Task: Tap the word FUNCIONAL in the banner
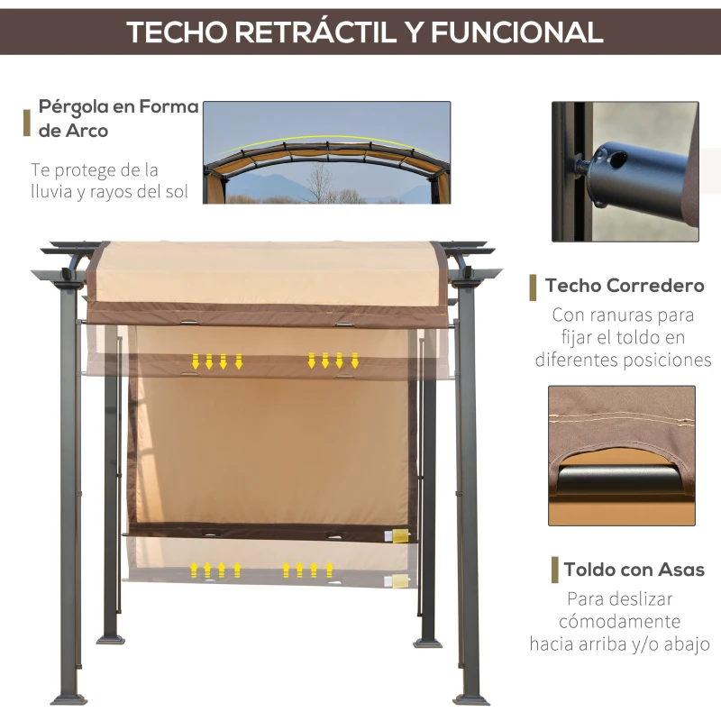pos(517,32)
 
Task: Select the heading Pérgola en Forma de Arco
pos(118,118)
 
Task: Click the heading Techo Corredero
pos(625,287)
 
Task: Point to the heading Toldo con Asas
pos(634,570)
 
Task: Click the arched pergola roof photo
pos(326,152)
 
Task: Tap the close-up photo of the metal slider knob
pos(625,171)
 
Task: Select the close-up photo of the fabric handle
pos(622,455)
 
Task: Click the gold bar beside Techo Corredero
pos(533,287)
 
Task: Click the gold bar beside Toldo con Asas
pos(554,570)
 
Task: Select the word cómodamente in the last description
pos(619,621)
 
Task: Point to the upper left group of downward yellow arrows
pos(216,361)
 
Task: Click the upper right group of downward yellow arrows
pos(333,360)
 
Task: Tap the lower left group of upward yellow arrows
pos(215,570)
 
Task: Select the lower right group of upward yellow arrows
pos(307,570)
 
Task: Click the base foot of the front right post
pos(471,698)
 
